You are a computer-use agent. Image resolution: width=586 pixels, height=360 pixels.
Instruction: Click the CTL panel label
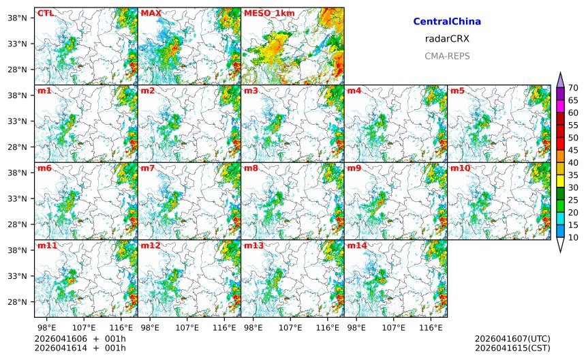(x=45, y=13)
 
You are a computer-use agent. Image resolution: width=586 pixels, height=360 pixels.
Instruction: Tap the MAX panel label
(x=151, y=13)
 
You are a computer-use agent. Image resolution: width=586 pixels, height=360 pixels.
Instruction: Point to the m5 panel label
(x=457, y=91)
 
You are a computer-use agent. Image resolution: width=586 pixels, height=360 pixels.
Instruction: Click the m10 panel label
(x=460, y=168)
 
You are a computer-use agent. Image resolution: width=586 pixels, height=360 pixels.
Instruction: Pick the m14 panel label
(x=357, y=245)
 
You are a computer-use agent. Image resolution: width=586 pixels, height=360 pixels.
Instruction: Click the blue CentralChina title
(x=447, y=22)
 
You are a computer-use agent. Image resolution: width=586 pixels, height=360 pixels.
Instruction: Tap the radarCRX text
(x=447, y=39)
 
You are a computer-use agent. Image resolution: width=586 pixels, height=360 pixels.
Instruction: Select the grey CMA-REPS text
(x=447, y=57)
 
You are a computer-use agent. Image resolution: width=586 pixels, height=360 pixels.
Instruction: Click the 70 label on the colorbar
(x=573, y=88)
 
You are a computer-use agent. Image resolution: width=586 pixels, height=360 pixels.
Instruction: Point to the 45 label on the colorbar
(x=573, y=150)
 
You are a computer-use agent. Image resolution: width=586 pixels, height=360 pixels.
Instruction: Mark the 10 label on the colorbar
(x=573, y=237)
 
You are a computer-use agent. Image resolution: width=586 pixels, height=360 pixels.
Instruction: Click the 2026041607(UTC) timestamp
(x=512, y=339)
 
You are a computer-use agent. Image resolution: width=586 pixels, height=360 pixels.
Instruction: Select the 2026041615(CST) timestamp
(x=512, y=348)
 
